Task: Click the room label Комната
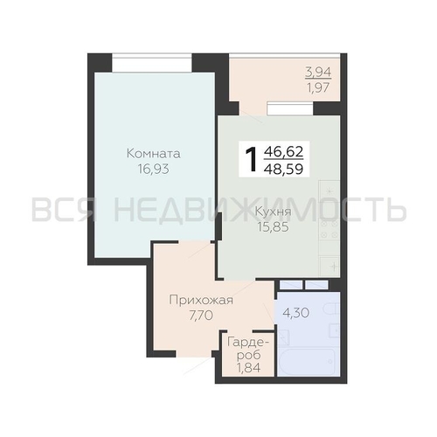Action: point(154,154)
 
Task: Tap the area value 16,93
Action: point(154,169)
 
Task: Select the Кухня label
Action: point(273,212)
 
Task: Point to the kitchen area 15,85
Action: point(273,227)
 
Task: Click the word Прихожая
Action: point(201,300)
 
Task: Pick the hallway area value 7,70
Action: point(201,316)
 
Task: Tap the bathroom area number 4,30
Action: point(296,313)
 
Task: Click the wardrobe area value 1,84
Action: point(248,368)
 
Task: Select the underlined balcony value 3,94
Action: point(318,72)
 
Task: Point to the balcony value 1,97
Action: point(318,87)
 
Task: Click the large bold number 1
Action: point(251,159)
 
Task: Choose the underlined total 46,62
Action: point(283,152)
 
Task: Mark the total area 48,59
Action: point(283,169)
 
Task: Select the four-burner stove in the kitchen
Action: point(329,229)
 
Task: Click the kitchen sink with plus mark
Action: point(329,266)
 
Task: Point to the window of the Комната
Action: point(152,63)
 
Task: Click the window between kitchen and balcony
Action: point(290,108)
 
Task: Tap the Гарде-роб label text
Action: point(248,349)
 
